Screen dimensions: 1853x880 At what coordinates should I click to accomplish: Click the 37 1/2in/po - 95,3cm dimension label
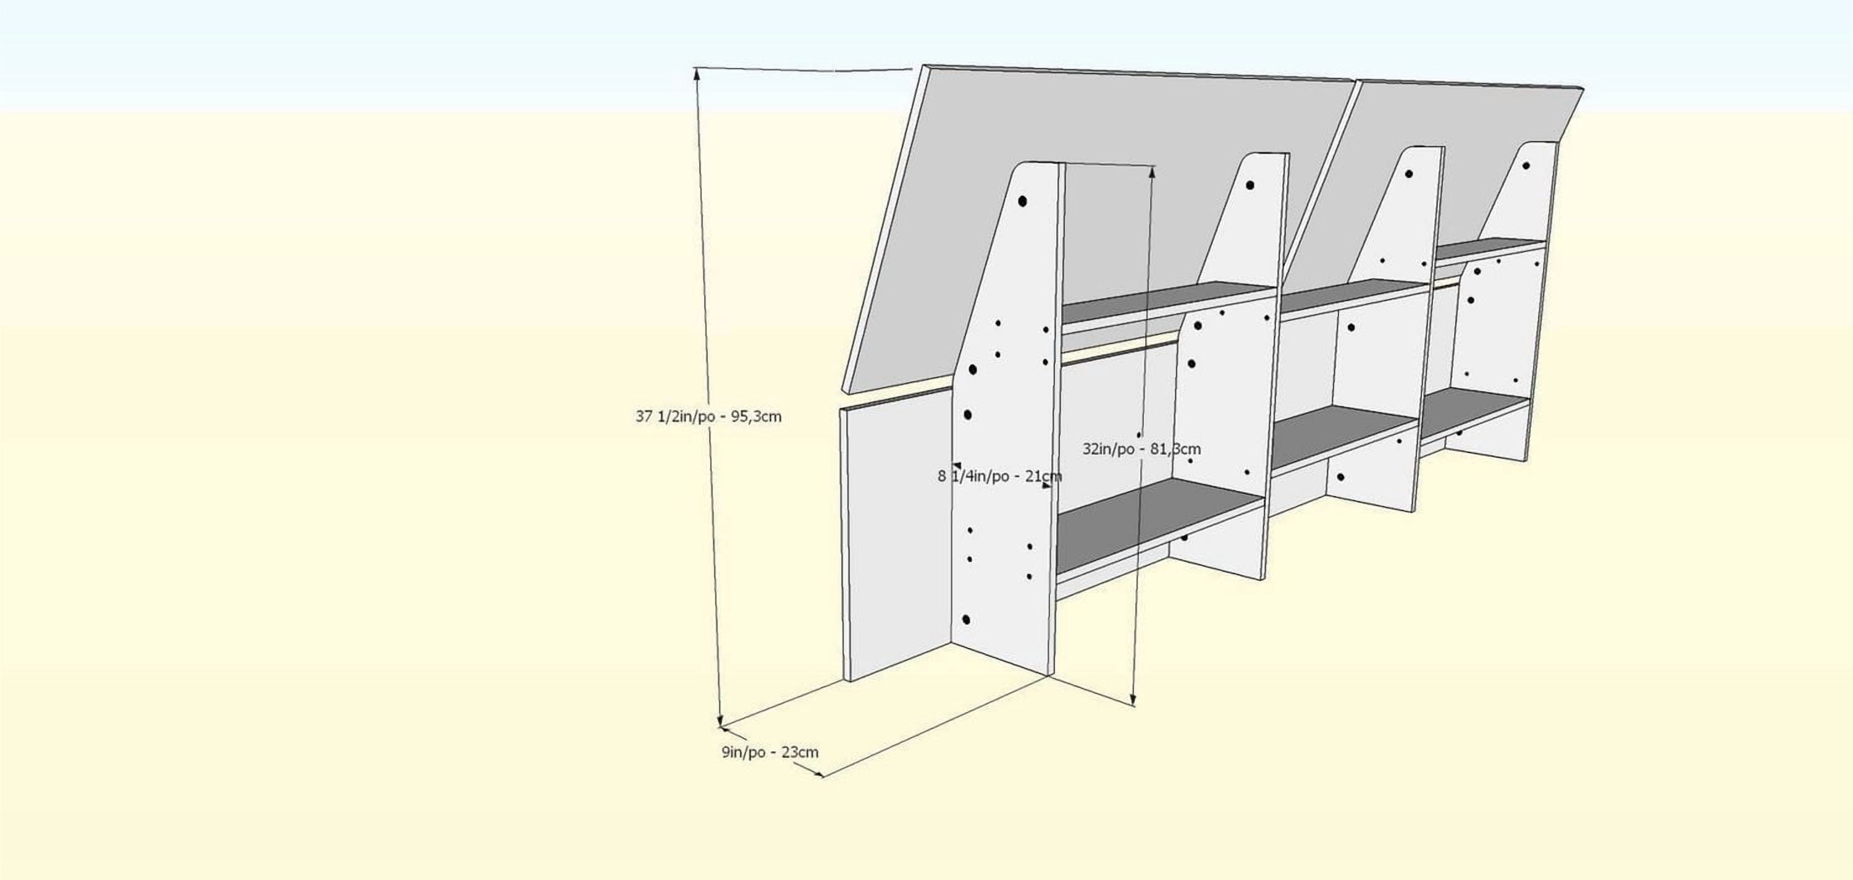click(708, 417)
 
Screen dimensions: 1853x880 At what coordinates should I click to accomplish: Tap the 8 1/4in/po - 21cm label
click(999, 476)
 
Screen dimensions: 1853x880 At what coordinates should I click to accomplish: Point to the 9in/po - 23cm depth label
click(770, 753)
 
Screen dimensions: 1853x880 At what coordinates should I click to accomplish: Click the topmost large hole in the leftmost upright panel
click(1022, 201)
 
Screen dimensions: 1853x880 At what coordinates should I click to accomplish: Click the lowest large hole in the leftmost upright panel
click(966, 620)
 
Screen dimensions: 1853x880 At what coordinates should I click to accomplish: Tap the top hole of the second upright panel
click(1250, 185)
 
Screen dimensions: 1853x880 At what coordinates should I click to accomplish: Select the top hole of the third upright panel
click(1409, 174)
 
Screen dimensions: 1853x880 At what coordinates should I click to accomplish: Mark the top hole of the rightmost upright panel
click(1526, 166)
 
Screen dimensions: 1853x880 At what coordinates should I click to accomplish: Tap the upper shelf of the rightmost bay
click(1490, 248)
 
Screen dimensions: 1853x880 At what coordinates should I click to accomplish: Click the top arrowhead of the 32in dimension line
click(1153, 171)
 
